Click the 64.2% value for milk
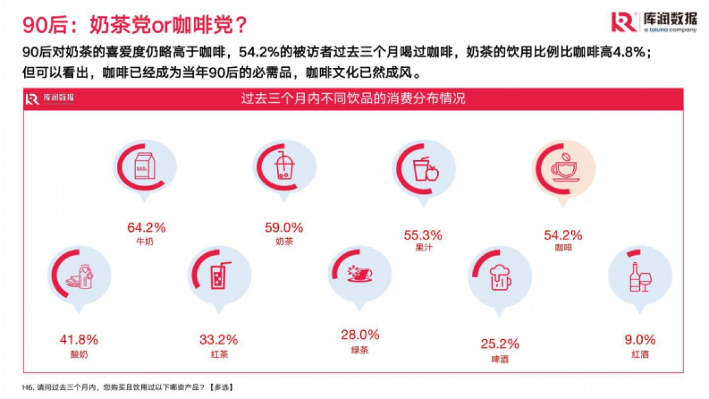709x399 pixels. (147, 228)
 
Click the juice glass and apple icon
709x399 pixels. (425, 168)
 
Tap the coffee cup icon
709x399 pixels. (564, 168)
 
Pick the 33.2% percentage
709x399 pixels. (219, 340)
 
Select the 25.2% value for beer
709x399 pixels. (500, 344)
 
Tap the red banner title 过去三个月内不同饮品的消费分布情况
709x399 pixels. (353, 98)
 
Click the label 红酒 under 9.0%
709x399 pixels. (640, 355)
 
